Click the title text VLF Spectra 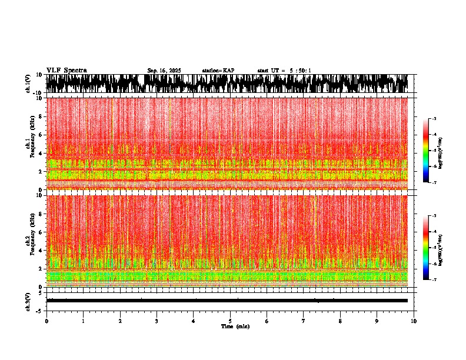pyautogui.click(x=66, y=71)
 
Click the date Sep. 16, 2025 pyautogui.click(x=164, y=71)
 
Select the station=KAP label pyautogui.click(x=218, y=71)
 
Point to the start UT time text pyautogui.click(x=284, y=71)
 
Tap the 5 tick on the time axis pyautogui.click(x=230, y=321)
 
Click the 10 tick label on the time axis pyautogui.click(x=414, y=321)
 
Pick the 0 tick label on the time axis pyautogui.click(x=46, y=321)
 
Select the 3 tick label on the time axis pyautogui.click(x=157, y=321)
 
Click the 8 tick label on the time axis pyautogui.click(x=340, y=321)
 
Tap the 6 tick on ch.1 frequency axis pyautogui.click(x=40, y=135)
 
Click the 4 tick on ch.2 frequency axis pyautogui.click(x=40, y=250)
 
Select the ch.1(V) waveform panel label pyautogui.click(x=28, y=84)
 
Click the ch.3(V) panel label pyautogui.click(x=28, y=301)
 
